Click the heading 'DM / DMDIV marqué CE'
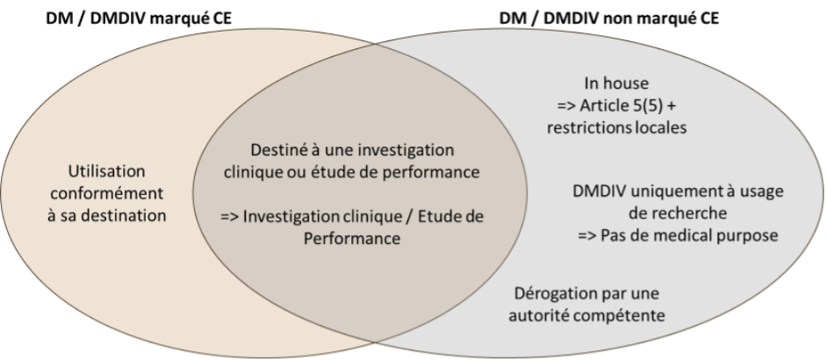coord(139,18)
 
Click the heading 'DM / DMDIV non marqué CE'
coord(609,18)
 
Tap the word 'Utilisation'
coord(106,171)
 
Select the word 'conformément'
coord(106,193)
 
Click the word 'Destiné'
coord(277,150)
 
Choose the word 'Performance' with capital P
coord(351,238)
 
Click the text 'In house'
coord(616,83)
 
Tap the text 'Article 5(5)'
coord(622,105)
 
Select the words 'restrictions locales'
coord(616,127)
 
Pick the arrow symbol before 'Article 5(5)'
coord(567,106)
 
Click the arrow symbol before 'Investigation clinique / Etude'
coord(230,217)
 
